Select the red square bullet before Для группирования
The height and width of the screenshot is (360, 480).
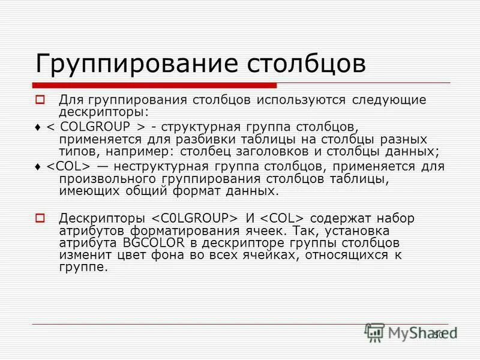[40, 100]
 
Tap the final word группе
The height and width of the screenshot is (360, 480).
[83, 268]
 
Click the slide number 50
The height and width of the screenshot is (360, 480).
[439, 334]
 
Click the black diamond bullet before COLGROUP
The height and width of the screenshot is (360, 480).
[38, 128]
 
